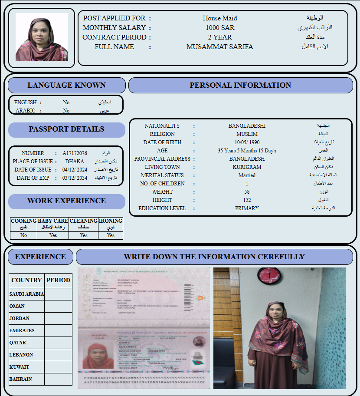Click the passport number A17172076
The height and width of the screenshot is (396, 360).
[x=75, y=153]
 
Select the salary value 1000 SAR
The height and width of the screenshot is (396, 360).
[x=220, y=28]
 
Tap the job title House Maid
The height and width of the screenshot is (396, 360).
[x=220, y=18]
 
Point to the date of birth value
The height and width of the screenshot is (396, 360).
[x=247, y=142]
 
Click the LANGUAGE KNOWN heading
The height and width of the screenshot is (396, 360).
[x=66, y=86]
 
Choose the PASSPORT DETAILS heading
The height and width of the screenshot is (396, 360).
[x=66, y=129]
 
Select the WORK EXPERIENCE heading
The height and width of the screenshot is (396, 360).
[x=66, y=201]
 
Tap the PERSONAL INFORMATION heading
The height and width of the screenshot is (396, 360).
[x=240, y=86]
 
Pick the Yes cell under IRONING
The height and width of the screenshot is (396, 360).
[x=111, y=235]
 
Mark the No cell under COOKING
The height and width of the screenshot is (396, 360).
[x=23, y=235]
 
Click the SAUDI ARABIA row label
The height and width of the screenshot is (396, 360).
[x=26, y=294]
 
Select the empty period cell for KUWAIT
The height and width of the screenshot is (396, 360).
[x=58, y=367]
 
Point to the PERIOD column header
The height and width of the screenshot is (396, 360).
[x=58, y=280]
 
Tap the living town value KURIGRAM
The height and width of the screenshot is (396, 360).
[x=247, y=167]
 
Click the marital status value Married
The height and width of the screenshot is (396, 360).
[x=247, y=175]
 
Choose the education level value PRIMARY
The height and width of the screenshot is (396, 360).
[x=247, y=208]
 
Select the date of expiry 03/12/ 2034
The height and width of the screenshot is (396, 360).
[x=75, y=178]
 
